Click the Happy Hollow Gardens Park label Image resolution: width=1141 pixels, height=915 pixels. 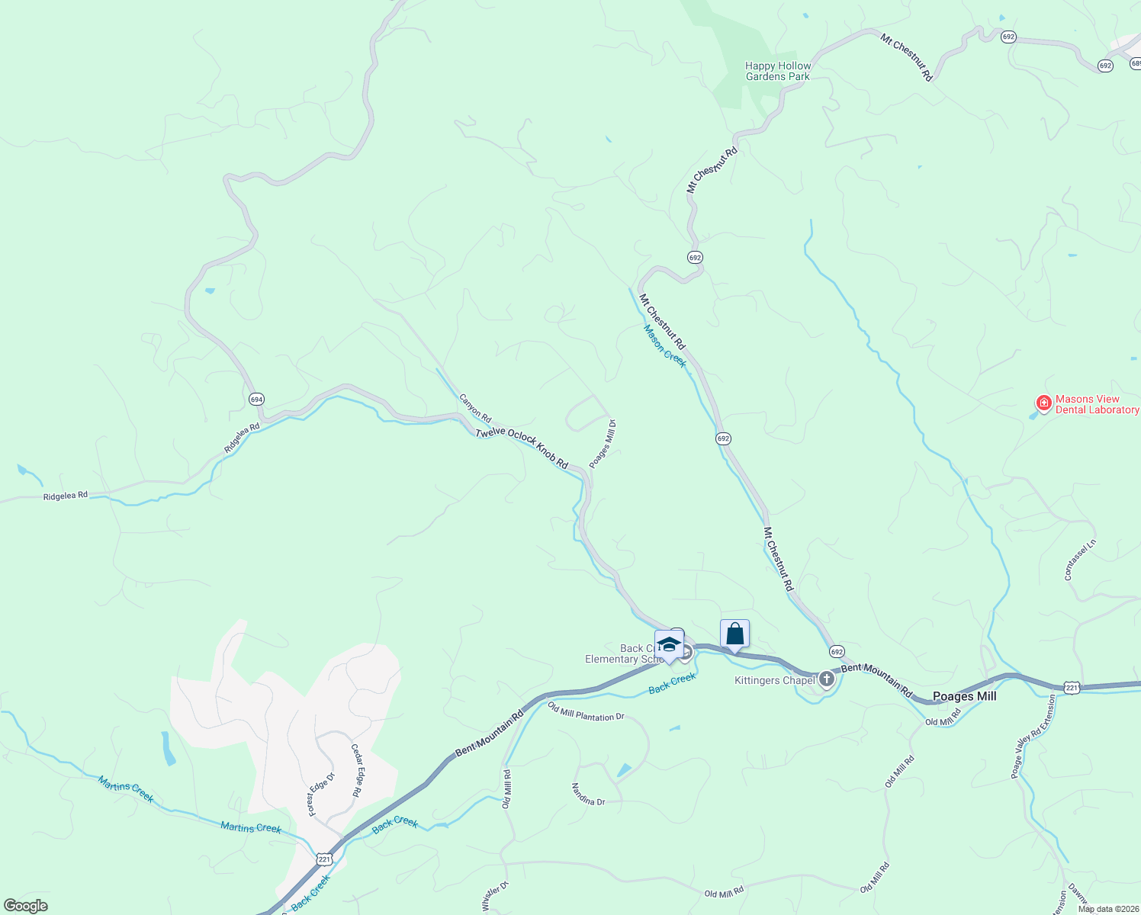778,72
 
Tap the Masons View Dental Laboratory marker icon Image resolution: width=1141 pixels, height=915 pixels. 1043,402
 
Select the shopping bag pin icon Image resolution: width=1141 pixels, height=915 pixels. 734,634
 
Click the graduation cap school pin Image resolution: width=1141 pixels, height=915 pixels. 669,644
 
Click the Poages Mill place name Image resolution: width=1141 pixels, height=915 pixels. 964,696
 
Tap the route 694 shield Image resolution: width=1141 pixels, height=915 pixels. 256,399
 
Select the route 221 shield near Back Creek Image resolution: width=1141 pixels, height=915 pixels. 325,859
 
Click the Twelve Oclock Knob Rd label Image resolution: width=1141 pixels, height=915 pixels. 522,448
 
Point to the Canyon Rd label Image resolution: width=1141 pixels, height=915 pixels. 474,409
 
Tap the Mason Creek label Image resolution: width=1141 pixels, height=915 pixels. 664,345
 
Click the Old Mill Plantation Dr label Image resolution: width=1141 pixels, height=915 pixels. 586,712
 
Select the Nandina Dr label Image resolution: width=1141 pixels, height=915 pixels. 588,794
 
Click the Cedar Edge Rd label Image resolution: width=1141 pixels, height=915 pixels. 355,770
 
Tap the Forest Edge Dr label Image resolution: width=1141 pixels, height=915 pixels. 321,795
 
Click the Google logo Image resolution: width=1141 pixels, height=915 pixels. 26,905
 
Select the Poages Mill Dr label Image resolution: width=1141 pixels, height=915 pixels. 603,444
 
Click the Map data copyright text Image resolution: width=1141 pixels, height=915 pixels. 1108,909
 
